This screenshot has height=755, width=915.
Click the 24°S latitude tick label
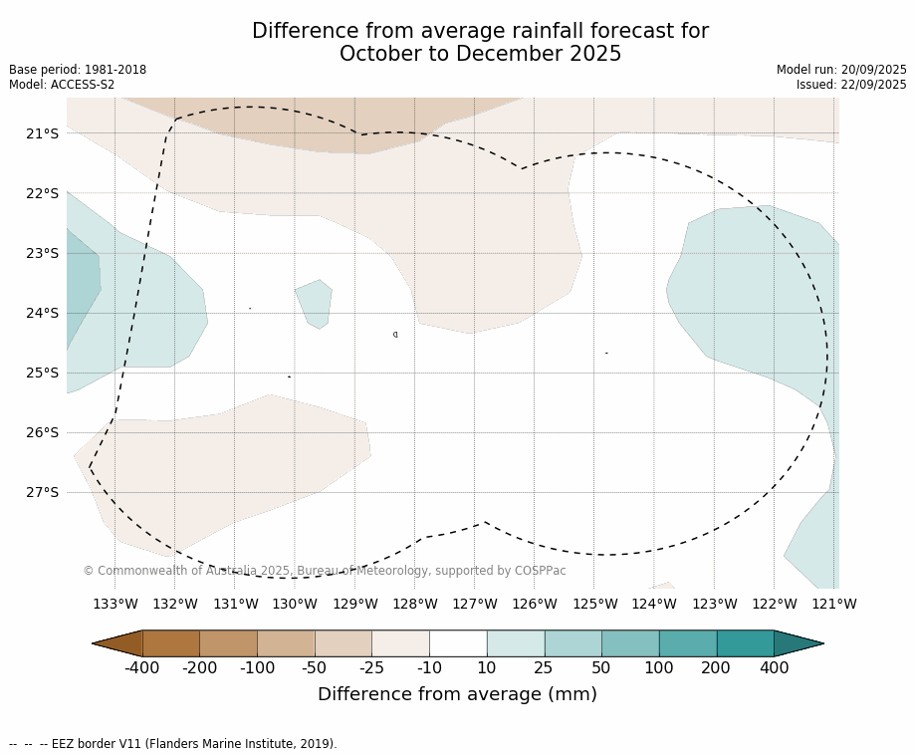[x=41, y=313]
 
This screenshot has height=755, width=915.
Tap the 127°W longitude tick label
[x=475, y=604]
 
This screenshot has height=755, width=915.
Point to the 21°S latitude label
[x=41, y=133]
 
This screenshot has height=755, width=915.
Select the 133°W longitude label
[x=115, y=604]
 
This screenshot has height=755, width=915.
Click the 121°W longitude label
[x=834, y=604]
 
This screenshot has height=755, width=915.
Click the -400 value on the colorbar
[x=142, y=668]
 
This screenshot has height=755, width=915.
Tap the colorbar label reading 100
[x=658, y=668]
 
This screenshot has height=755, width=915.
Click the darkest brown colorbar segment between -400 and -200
[x=171, y=643]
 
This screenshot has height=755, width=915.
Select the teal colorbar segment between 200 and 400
[x=745, y=643]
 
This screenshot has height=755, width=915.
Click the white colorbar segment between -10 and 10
[x=458, y=643]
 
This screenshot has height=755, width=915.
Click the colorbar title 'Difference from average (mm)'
[x=457, y=695]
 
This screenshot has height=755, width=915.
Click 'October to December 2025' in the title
[x=480, y=55]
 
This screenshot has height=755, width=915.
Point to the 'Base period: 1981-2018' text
[x=78, y=70]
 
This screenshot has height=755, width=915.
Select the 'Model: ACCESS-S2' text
[x=62, y=85]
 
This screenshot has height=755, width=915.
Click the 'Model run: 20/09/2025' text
[x=841, y=70]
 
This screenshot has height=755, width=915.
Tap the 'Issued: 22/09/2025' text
[x=851, y=85]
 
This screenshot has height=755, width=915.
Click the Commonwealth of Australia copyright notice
[x=325, y=571]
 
